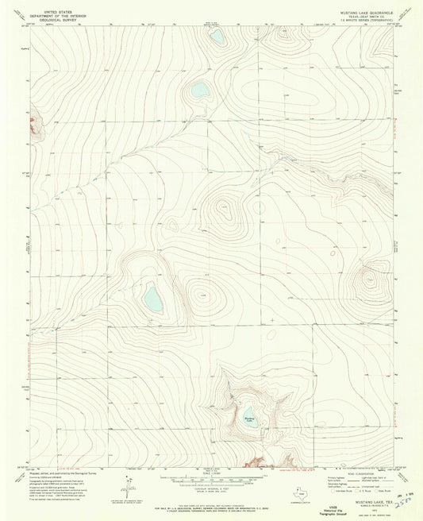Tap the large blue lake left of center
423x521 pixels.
(x=152, y=299)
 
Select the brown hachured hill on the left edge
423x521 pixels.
(x=33, y=125)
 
